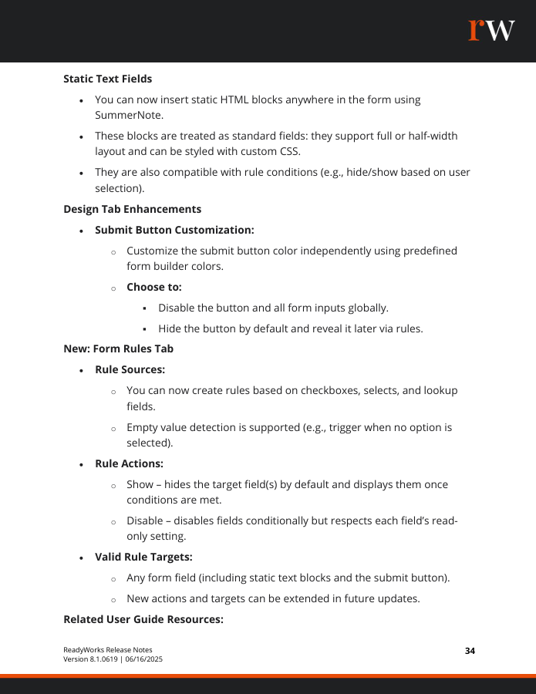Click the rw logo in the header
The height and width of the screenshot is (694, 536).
pos(491,30)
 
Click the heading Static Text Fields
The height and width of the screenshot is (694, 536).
pos(107,79)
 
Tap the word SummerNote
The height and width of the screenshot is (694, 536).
pos(129,115)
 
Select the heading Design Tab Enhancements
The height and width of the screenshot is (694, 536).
pos(132,209)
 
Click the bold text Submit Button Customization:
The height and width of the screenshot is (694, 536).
pos(174,230)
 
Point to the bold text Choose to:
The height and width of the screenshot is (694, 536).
pos(154,287)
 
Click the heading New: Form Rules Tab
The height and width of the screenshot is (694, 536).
pos(118,349)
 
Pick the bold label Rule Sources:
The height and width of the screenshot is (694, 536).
pos(130,369)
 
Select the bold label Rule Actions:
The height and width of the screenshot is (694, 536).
pos(129,463)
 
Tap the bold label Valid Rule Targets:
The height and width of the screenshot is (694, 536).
pos(143,556)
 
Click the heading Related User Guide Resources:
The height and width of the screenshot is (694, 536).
pos(143,618)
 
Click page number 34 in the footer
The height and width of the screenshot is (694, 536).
pos(470,651)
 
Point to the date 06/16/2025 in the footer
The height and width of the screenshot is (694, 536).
pos(143,659)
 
